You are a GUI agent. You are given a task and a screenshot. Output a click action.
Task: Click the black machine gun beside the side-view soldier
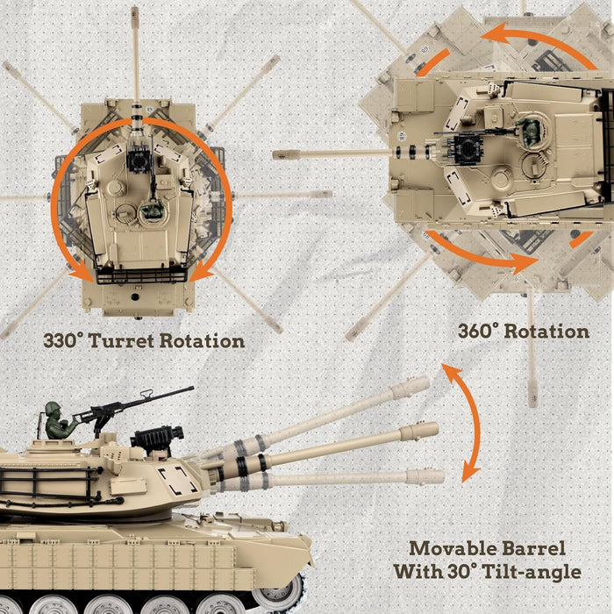(x=132, y=403)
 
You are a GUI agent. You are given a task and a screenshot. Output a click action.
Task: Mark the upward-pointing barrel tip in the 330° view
(x=135, y=16)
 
